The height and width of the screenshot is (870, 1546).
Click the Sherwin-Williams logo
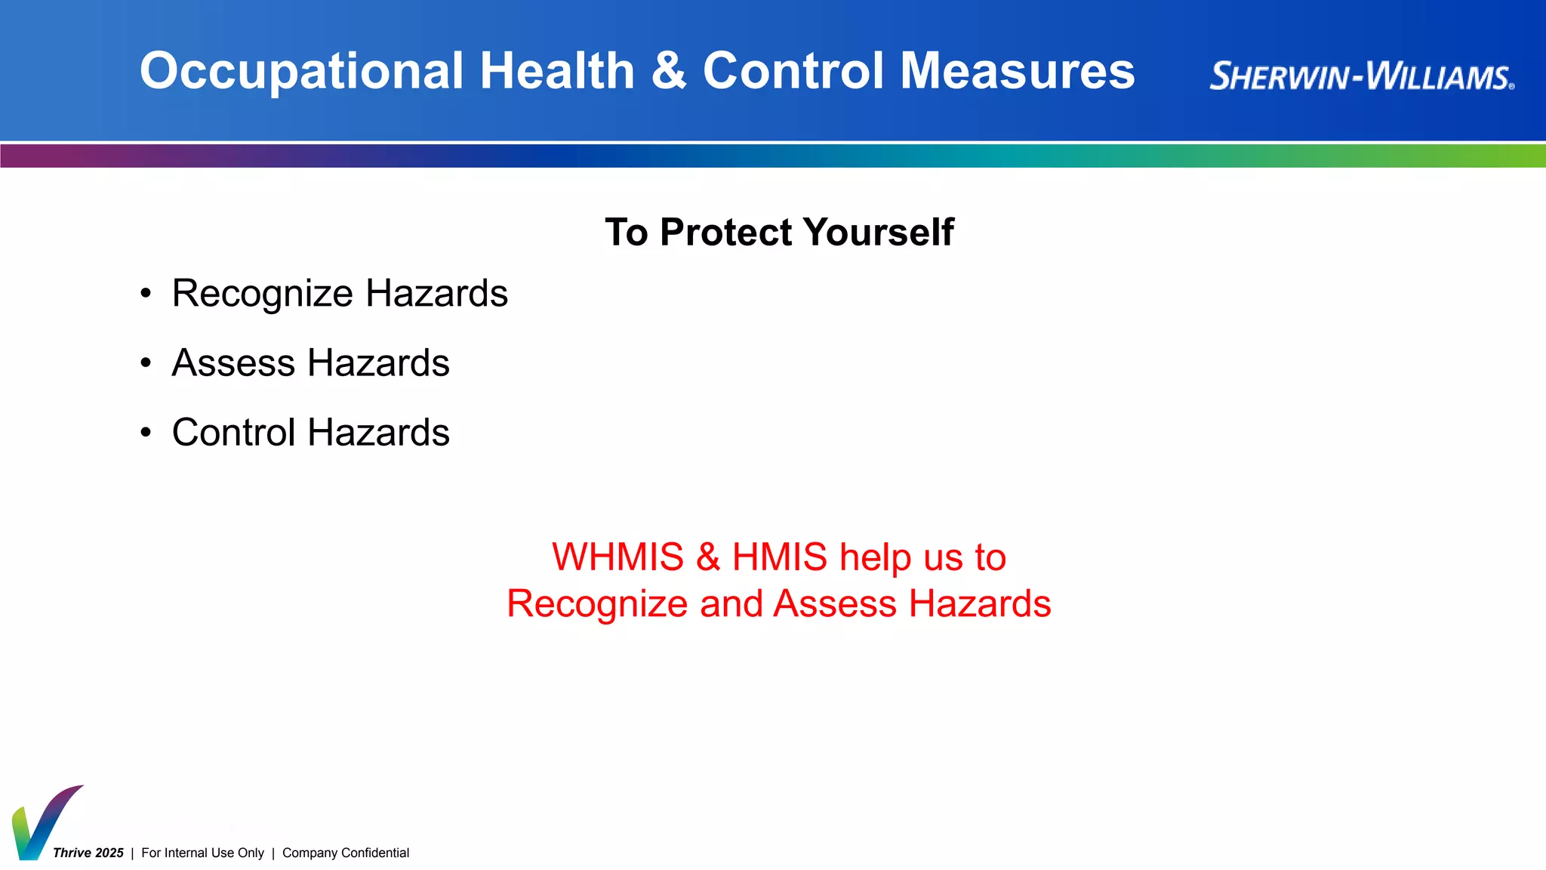pos(1361,76)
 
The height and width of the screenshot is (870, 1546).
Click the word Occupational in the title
pos(301,72)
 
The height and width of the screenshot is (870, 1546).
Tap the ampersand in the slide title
pos(669,71)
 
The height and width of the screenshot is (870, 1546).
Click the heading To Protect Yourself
pos(779,232)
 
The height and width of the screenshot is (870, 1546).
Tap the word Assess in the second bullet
pos(233,363)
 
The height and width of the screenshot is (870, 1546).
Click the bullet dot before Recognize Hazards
pos(146,295)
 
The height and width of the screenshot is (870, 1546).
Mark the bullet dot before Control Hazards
pos(146,433)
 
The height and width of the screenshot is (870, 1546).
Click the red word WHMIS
pos(617,557)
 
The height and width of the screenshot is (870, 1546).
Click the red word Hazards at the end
pos(980,604)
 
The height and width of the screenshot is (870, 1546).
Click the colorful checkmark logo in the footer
pos(42,823)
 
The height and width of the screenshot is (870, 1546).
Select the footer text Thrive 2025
pos(88,853)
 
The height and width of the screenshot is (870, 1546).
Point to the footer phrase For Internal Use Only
pos(202,853)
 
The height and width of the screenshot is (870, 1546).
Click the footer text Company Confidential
pos(346,853)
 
